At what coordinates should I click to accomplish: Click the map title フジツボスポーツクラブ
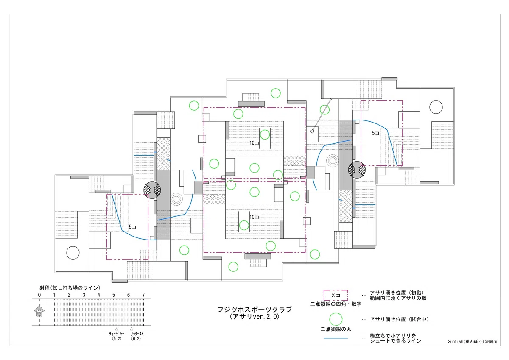tap(255, 310)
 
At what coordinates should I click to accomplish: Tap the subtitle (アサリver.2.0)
tap(255, 317)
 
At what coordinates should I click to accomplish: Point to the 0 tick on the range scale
tap(39, 295)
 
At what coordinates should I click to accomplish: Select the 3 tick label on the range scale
tap(84, 295)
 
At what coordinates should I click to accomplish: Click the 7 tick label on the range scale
tap(143, 295)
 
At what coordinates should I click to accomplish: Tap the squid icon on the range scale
tap(39, 311)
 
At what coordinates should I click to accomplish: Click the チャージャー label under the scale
tap(117, 334)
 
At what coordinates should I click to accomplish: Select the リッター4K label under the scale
tap(137, 334)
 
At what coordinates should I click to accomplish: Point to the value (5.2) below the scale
tap(117, 339)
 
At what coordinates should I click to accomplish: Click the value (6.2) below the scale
tap(136, 339)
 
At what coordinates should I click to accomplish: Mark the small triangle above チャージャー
tap(117, 329)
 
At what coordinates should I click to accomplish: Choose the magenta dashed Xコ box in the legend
tap(336, 295)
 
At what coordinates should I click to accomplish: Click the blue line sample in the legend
tap(336, 338)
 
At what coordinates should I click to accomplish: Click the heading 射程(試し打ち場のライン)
tap(70, 288)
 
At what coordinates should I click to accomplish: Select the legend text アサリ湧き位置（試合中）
tap(399, 319)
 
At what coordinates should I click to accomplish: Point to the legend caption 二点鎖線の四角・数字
tap(336, 304)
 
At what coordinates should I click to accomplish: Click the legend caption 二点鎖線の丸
tap(336, 329)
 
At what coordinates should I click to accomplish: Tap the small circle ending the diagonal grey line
tap(312, 131)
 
